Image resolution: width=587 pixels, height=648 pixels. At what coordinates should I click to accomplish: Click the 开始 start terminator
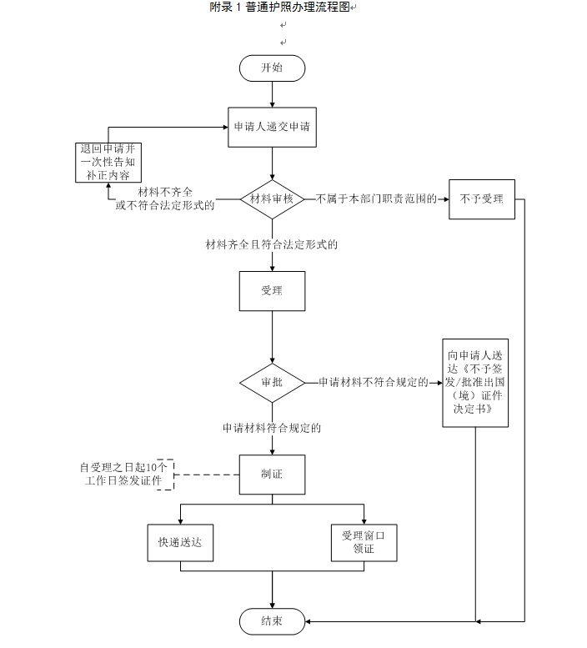point(273,68)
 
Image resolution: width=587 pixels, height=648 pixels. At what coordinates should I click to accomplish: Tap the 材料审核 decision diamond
point(273,198)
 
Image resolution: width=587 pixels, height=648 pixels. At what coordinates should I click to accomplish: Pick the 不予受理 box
point(481,199)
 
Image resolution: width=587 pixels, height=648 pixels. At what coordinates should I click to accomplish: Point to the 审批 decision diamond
point(273,382)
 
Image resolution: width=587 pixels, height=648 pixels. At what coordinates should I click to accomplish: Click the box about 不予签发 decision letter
point(474,382)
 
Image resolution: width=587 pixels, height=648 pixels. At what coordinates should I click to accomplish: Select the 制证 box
point(273,475)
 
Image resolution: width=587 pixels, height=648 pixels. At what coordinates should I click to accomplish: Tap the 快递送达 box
point(181,542)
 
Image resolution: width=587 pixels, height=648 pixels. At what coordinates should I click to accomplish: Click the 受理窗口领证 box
point(364,542)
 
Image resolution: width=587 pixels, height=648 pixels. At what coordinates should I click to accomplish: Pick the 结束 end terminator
point(273,621)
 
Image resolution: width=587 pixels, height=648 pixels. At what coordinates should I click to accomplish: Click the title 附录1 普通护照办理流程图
point(280,8)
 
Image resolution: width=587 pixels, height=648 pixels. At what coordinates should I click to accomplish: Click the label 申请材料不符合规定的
point(373,382)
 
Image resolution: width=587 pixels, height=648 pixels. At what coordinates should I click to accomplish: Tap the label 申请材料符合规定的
point(272,428)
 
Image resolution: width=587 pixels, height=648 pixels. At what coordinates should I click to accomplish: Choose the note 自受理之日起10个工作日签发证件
point(122,474)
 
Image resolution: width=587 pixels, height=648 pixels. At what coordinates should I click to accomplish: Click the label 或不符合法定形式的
point(164,204)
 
